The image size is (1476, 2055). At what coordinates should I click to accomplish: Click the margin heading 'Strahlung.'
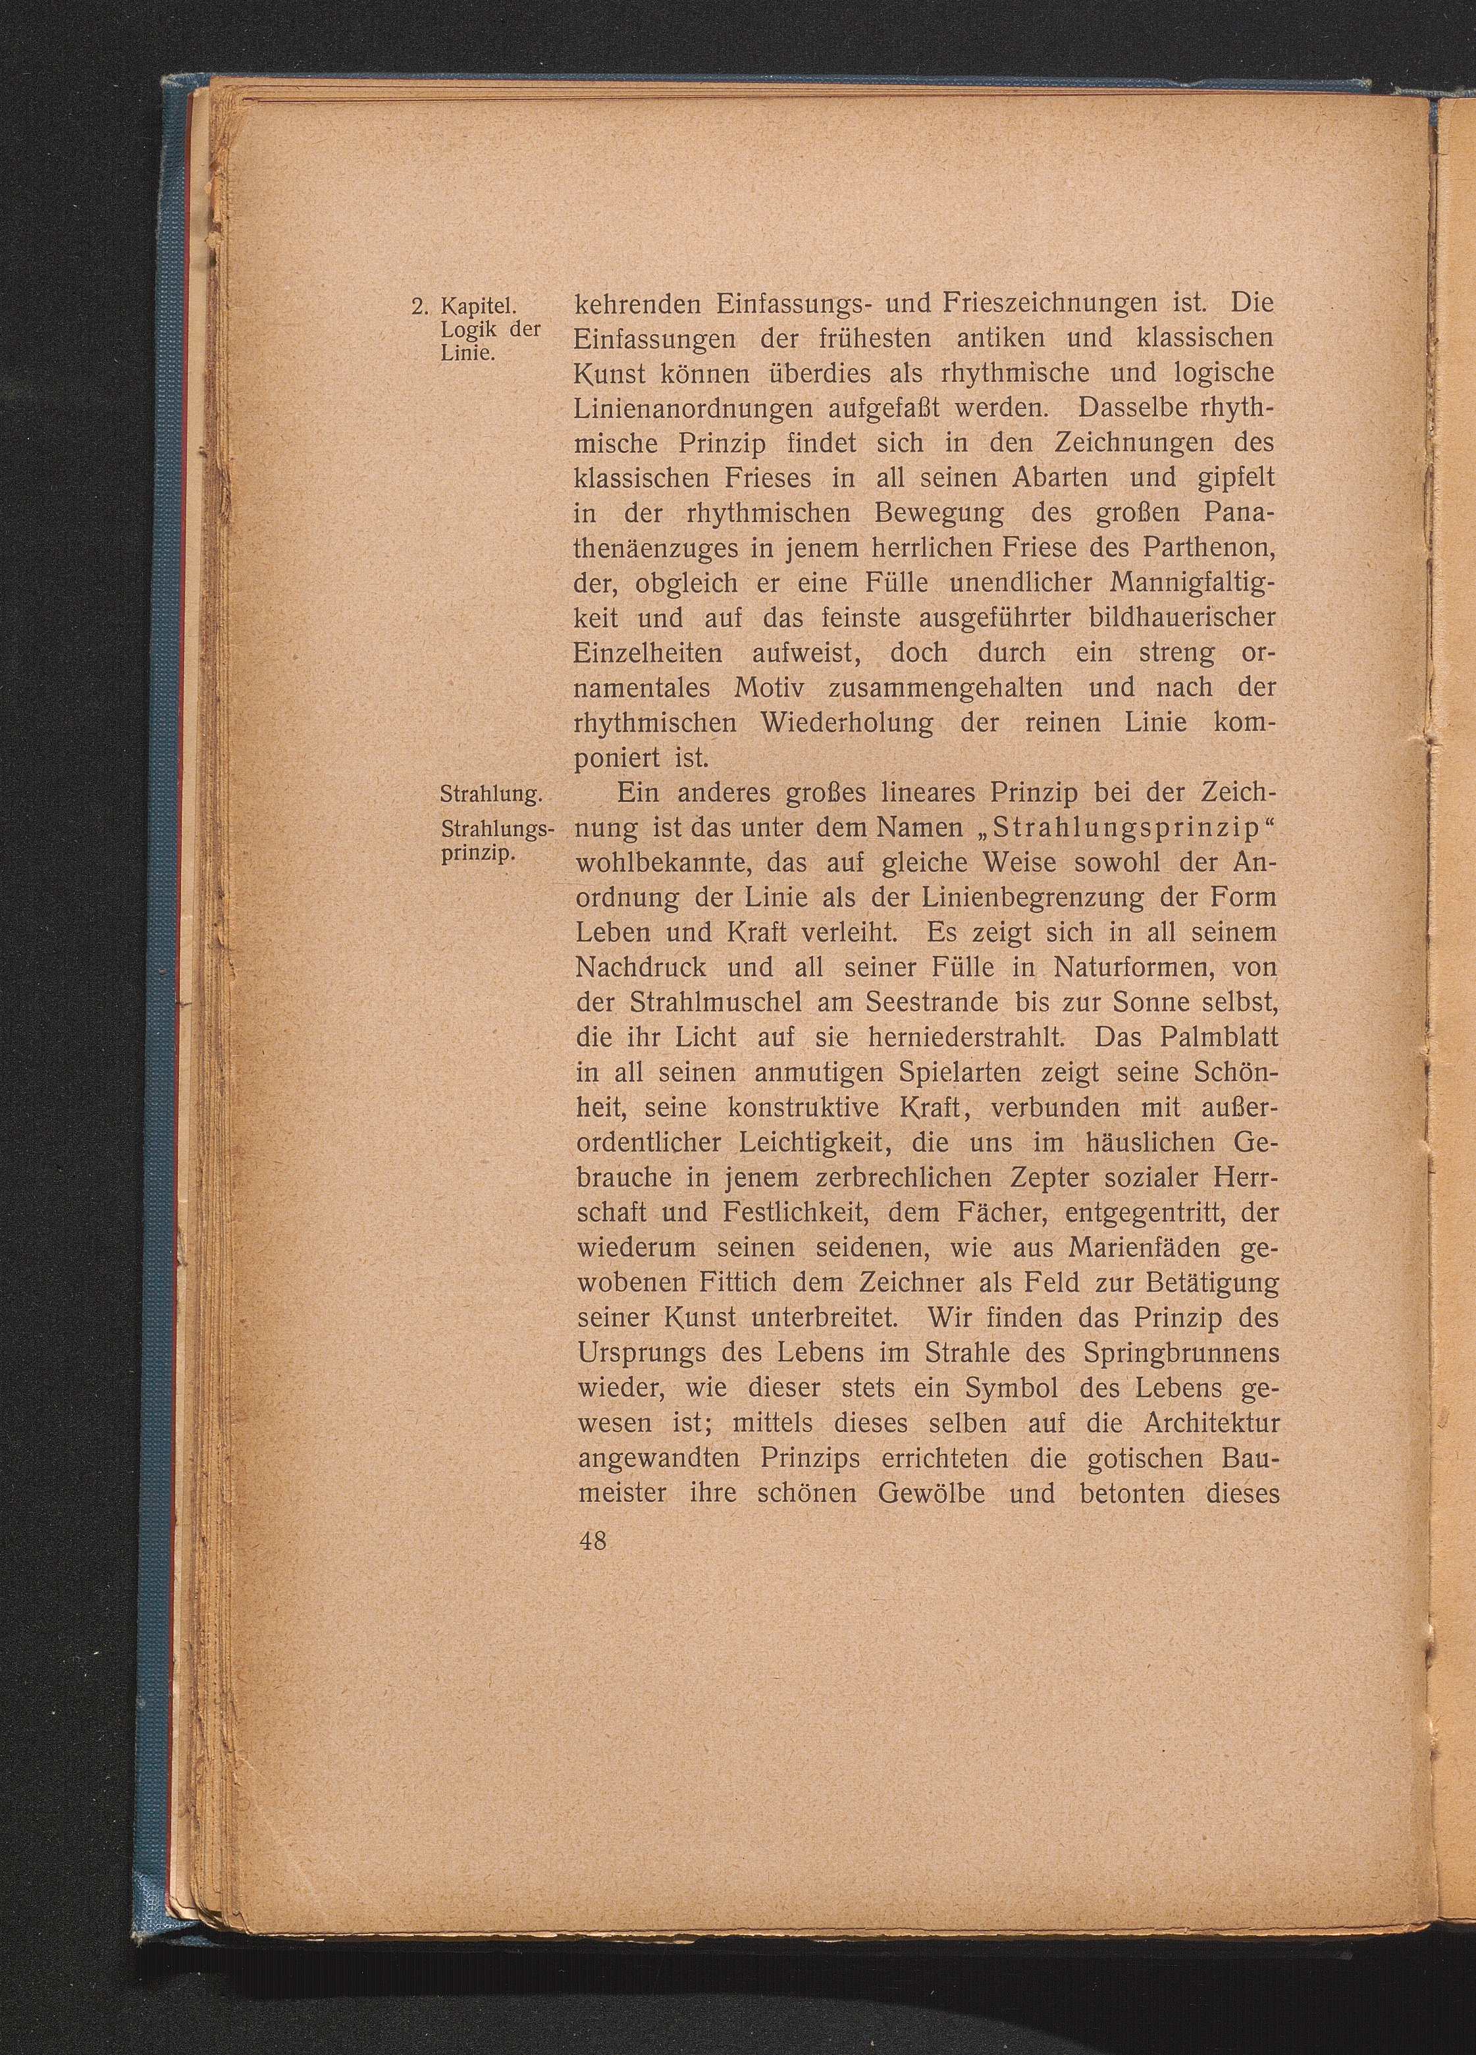pyautogui.click(x=489, y=795)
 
